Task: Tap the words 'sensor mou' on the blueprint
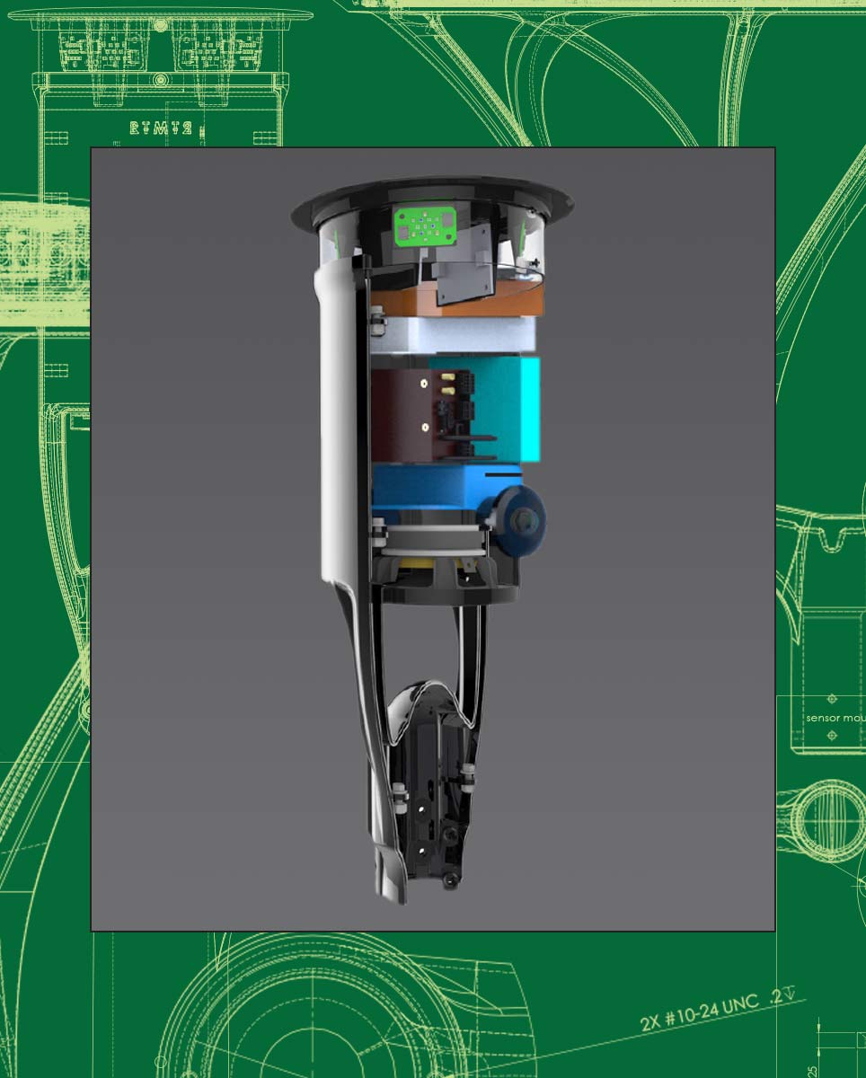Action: [x=834, y=718]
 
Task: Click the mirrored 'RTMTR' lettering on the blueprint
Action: [x=160, y=128]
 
